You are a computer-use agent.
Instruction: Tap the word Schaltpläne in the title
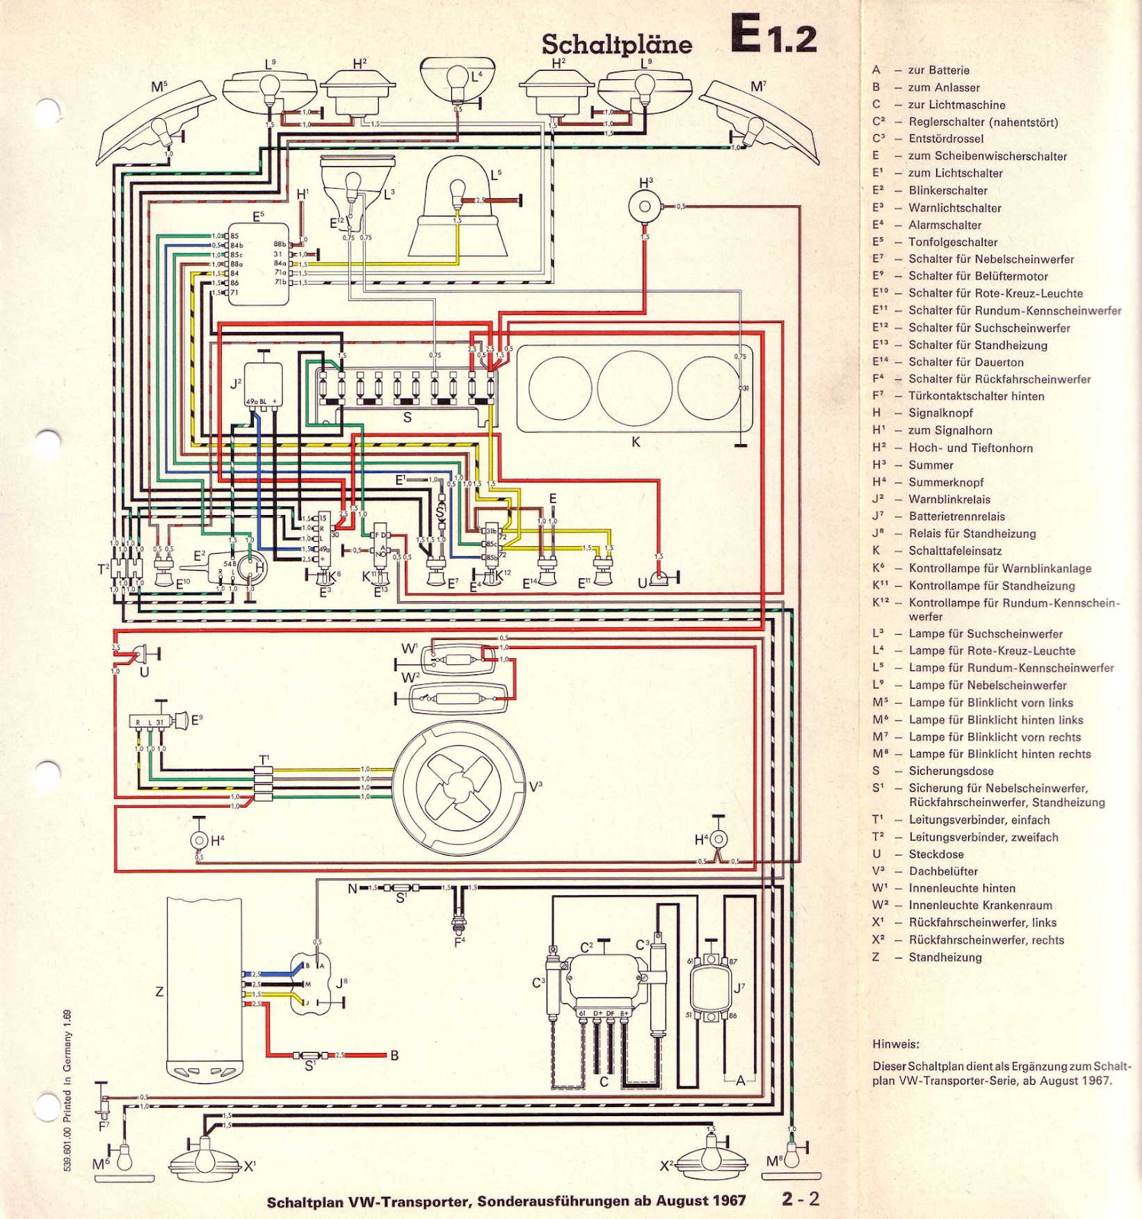(x=617, y=44)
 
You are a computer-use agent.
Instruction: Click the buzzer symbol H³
(x=645, y=206)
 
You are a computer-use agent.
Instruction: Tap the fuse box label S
(x=407, y=417)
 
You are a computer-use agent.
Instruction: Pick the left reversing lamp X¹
(x=204, y=1159)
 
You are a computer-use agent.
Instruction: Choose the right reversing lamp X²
(x=711, y=1159)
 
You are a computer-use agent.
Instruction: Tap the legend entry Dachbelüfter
(x=942, y=871)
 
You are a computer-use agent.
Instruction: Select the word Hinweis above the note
(x=896, y=1044)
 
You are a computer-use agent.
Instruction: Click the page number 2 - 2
(x=800, y=1198)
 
